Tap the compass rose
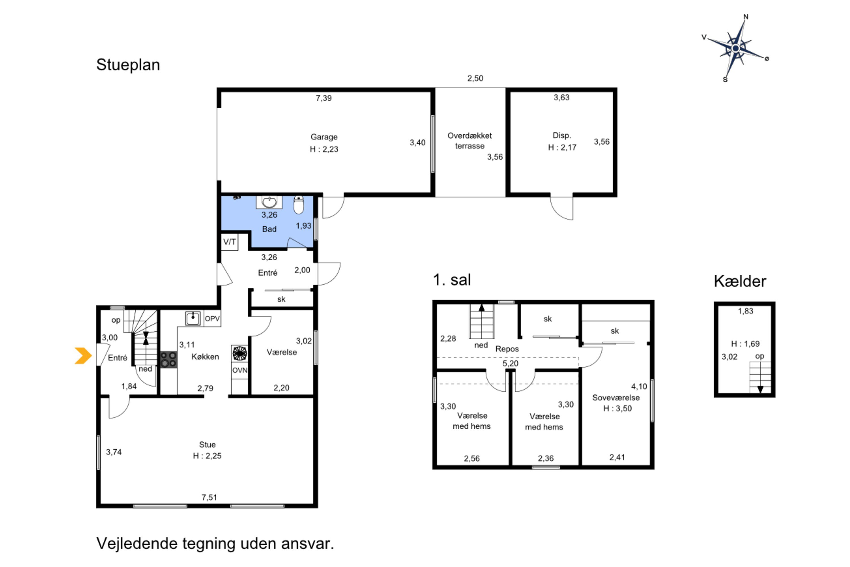click(x=736, y=48)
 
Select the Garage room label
click(x=324, y=137)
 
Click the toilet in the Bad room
click(x=299, y=205)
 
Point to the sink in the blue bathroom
click(x=269, y=202)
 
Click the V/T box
click(x=229, y=242)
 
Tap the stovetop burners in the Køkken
click(x=168, y=359)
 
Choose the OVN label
click(x=240, y=370)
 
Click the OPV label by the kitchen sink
click(x=212, y=319)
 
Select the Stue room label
click(x=207, y=445)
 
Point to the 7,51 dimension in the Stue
click(x=209, y=497)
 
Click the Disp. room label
click(x=562, y=135)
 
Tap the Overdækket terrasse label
click(x=469, y=141)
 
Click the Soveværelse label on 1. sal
click(x=616, y=398)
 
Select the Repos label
click(x=507, y=349)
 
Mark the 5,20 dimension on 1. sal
click(x=510, y=363)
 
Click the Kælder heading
click(x=740, y=281)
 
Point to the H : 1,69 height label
click(x=745, y=344)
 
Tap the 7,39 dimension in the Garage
click(x=324, y=98)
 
